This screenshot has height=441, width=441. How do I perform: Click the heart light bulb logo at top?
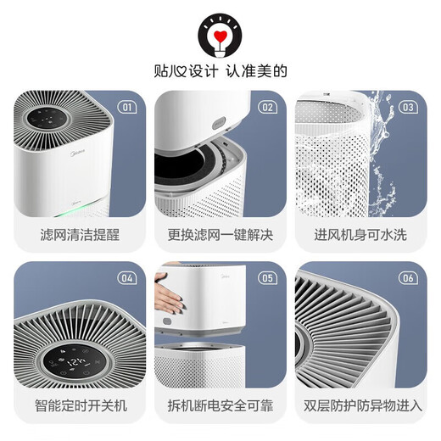tap(220, 33)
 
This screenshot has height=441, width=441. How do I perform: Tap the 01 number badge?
tap(127, 107)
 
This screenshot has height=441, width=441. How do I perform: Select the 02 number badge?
tap(267, 107)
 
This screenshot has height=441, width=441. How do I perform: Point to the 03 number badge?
tap(408, 107)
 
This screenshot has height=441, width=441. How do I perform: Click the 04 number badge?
tap(127, 277)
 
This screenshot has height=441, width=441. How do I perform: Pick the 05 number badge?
tap(267, 277)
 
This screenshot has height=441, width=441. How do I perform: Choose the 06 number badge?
tap(408, 277)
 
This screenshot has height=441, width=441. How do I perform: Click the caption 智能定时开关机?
tap(80, 405)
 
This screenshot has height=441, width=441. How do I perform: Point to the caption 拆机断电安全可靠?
tap(220, 405)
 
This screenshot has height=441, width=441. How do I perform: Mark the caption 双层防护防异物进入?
tap(360, 405)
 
